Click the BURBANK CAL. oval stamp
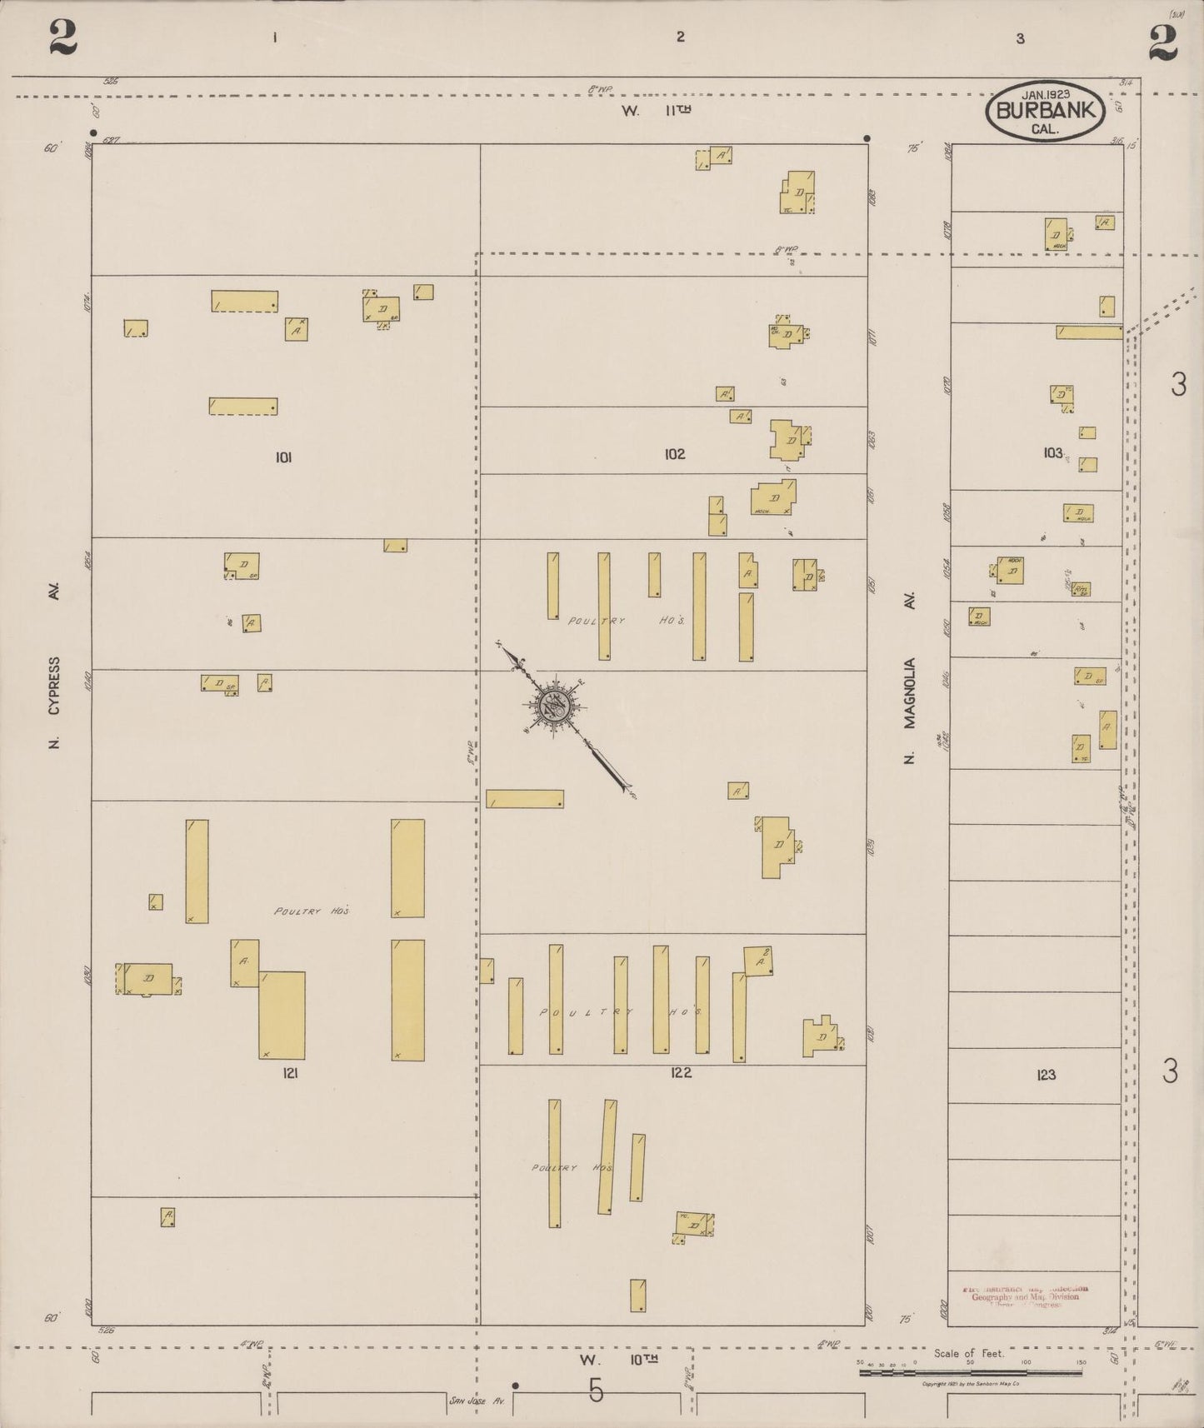1045,111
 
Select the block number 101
283,457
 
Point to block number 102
675,454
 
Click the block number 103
1053,453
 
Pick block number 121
290,1073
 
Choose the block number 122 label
681,1072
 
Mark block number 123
1047,1075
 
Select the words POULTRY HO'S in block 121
311,911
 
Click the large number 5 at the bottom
595,1391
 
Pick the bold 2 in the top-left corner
63,37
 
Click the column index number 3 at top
1020,38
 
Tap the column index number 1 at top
274,37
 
